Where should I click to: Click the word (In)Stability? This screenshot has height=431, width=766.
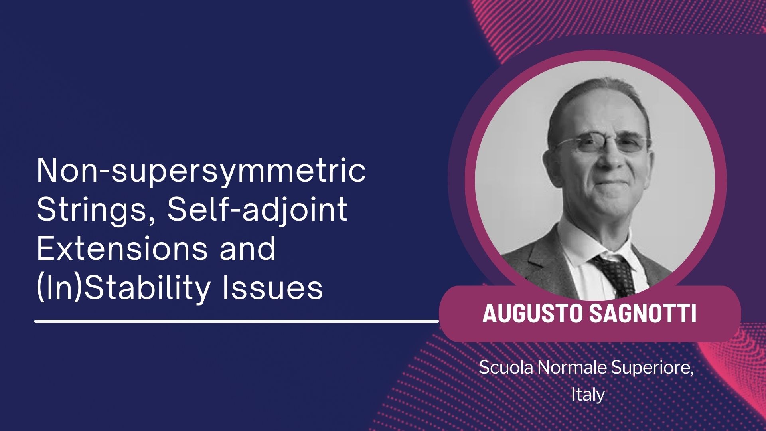(123, 288)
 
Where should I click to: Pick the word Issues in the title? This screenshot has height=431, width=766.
(272, 287)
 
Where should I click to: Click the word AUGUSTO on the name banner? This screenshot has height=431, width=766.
(532, 313)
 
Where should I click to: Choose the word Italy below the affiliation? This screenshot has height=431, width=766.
(588, 395)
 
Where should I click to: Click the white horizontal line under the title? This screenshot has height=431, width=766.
(237, 320)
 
